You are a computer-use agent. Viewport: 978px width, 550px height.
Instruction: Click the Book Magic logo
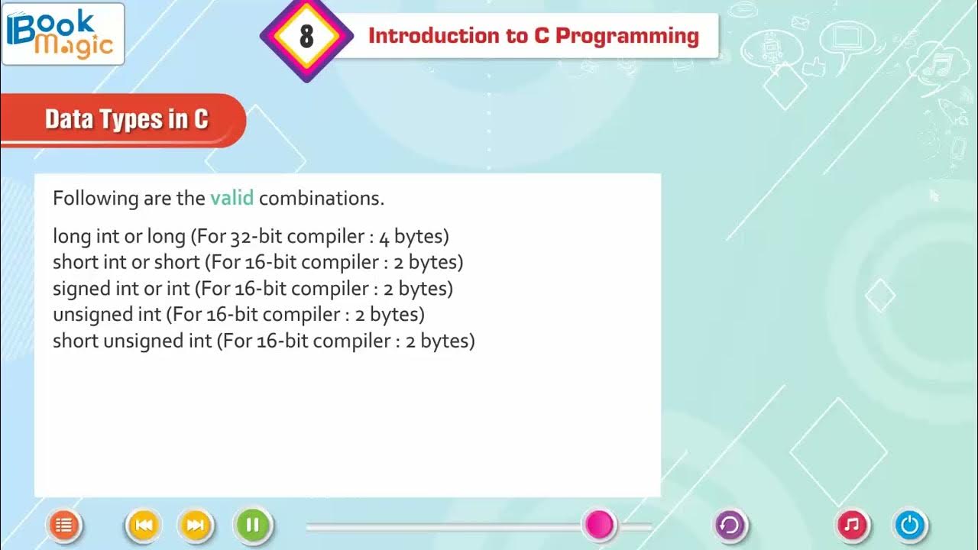(x=63, y=34)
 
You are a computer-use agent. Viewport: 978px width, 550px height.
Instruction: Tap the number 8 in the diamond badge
(x=306, y=36)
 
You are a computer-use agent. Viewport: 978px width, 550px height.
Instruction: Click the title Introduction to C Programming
(x=533, y=36)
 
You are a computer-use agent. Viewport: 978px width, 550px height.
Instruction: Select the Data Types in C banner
(x=126, y=120)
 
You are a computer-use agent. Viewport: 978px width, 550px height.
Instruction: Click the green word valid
(x=232, y=199)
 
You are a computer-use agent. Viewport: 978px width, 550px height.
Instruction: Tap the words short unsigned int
(x=132, y=341)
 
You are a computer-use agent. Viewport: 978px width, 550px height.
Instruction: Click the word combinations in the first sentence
(x=321, y=199)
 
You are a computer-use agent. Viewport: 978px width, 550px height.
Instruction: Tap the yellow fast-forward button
(x=195, y=525)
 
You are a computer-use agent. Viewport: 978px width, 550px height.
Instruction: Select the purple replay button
(x=730, y=525)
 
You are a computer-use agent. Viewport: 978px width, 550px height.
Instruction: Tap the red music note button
(x=853, y=525)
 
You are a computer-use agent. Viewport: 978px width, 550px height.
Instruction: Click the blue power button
(x=910, y=525)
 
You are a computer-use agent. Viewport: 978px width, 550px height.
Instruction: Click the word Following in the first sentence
(x=95, y=199)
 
